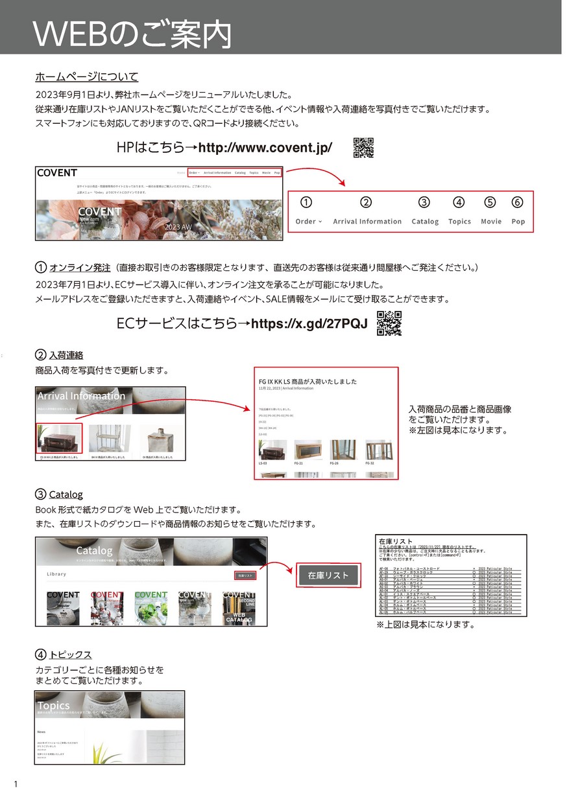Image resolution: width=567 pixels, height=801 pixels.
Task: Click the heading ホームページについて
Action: (87, 77)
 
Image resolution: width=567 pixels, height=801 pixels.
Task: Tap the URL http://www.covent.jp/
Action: (265, 148)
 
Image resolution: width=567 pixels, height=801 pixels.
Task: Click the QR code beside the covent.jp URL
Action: (363, 148)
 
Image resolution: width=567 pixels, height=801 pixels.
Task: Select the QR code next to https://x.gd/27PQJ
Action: (389, 323)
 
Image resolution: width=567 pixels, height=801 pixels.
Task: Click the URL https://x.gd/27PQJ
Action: (309, 323)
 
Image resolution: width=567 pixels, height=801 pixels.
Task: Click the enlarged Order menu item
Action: (308, 221)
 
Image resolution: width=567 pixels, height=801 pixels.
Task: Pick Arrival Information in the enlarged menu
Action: (367, 221)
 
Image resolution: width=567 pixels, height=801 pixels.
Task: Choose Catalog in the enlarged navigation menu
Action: (425, 221)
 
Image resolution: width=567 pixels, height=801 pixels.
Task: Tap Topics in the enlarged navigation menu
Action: (459, 221)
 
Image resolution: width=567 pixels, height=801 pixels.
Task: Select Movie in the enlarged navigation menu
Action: (491, 221)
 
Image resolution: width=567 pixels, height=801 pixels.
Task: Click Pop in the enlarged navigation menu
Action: (518, 221)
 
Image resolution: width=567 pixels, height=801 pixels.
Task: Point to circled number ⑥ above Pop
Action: (517, 202)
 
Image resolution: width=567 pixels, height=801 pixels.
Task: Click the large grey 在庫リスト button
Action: (328, 575)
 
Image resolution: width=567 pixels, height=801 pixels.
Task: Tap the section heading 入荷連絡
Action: (66, 355)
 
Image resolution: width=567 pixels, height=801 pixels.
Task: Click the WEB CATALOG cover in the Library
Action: (239, 607)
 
